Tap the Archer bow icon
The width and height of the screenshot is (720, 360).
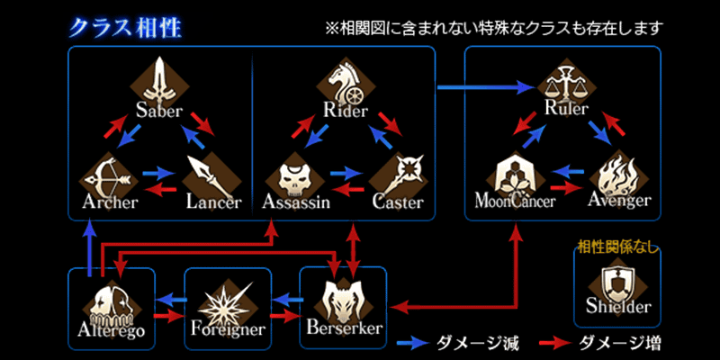pos(108,179)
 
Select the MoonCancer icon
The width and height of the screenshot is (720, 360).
pos(513,177)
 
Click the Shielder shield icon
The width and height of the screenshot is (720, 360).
pos(617,283)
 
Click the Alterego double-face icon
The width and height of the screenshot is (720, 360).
pos(111,304)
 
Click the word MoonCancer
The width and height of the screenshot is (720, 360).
pos(515,201)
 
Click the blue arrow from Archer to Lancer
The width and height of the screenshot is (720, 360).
pos(159,174)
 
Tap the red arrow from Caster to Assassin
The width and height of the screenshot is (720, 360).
pos(347,189)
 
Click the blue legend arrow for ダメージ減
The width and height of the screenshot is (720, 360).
pos(412,342)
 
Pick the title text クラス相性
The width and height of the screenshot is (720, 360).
pos(125,29)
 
